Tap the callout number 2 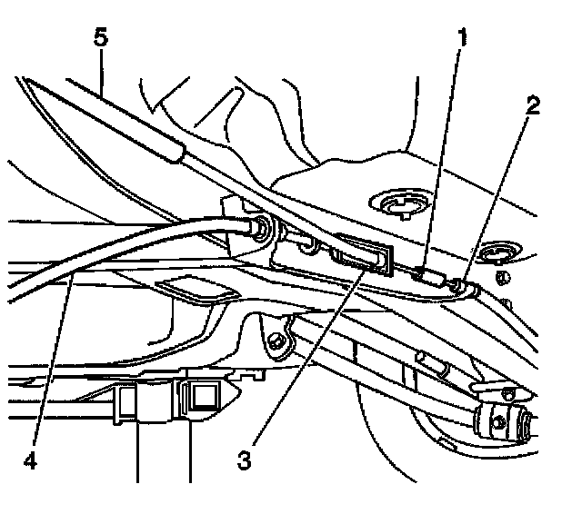click(533, 105)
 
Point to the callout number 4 click(33, 459)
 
